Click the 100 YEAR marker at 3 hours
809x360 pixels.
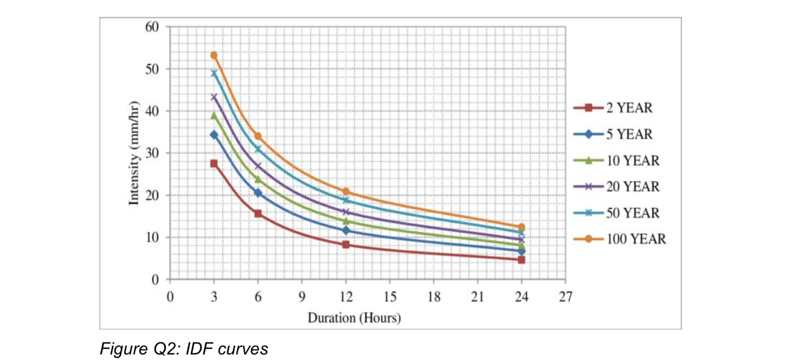click(x=214, y=55)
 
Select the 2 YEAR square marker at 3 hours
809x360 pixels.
click(x=214, y=163)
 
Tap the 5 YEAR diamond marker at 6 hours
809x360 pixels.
click(x=258, y=193)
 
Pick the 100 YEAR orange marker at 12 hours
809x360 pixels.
click(x=346, y=191)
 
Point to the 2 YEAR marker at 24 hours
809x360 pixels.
click(x=521, y=260)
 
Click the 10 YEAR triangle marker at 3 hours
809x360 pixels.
click(x=214, y=116)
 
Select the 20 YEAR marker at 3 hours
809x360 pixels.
click(x=214, y=97)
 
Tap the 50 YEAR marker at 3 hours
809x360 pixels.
click(x=214, y=73)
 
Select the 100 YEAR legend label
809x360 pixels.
click(x=636, y=239)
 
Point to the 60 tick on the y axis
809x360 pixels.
click(x=152, y=27)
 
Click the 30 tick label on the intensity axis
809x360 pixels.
click(x=152, y=153)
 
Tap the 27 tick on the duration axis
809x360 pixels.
click(x=565, y=297)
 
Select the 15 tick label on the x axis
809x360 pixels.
click(x=389, y=297)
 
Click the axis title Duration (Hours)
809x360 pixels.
click(x=354, y=318)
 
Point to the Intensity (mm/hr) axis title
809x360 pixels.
click(x=134, y=153)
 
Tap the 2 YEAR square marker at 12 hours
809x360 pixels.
click(x=346, y=244)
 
